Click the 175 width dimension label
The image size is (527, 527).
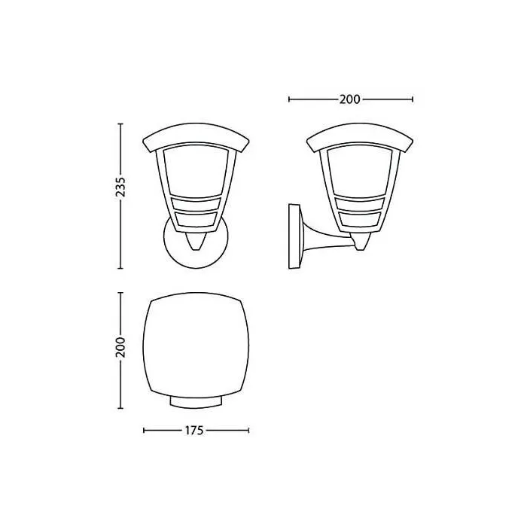coord(196,431)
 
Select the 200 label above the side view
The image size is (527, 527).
coord(351,99)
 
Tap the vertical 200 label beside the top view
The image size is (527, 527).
coord(120,348)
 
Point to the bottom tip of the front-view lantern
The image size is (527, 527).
coord(196,249)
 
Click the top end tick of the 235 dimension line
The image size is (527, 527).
coord(120,121)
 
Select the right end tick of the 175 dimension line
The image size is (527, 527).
coord(248,431)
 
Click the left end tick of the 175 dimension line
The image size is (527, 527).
coord(143,431)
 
